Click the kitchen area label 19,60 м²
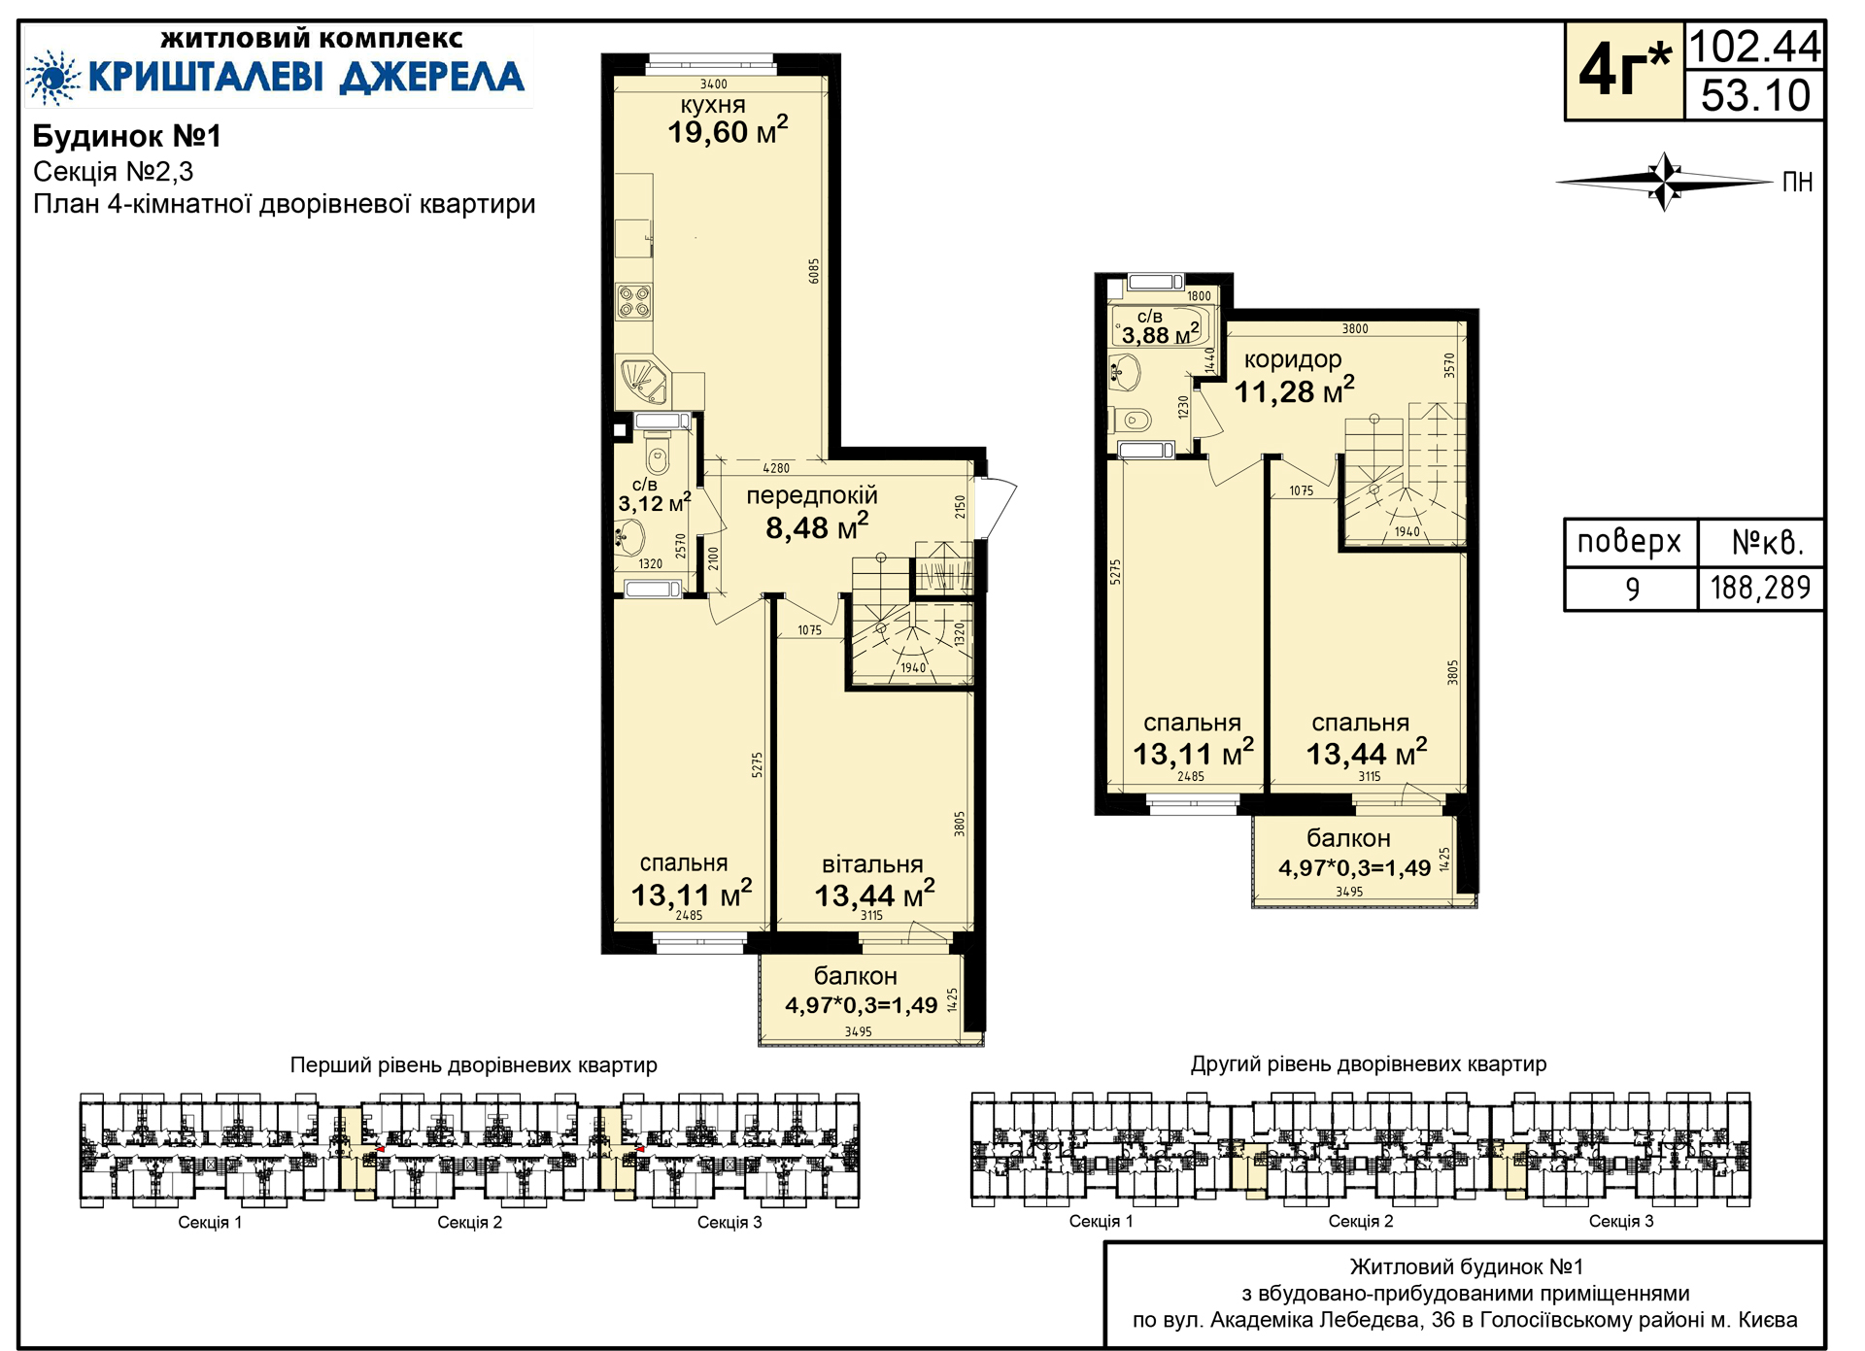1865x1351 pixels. [x=728, y=130]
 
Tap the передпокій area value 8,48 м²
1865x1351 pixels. [x=817, y=526]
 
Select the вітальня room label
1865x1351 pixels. [x=872, y=864]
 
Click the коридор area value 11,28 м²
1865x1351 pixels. [x=1294, y=390]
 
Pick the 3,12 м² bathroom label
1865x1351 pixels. [x=655, y=502]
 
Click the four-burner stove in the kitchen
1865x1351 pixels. [x=634, y=301]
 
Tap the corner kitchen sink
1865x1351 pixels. [x=644, y=381]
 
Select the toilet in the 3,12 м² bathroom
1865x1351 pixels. [x=658, y=453]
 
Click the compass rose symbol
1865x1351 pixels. [x=1665, y=182]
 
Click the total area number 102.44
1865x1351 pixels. [x=1755, y=46]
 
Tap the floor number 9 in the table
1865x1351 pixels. [x=1633, y=589]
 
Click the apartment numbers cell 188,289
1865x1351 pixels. [x=1760, y=588]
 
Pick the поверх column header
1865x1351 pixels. [x=1629, y=541]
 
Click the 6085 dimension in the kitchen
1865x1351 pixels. [x=814, y=271]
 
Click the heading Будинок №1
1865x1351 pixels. [x=127, y=136]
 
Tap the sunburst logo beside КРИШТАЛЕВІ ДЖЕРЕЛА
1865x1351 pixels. [x=52, y=78]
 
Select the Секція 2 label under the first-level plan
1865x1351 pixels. [x=469, y=1222]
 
